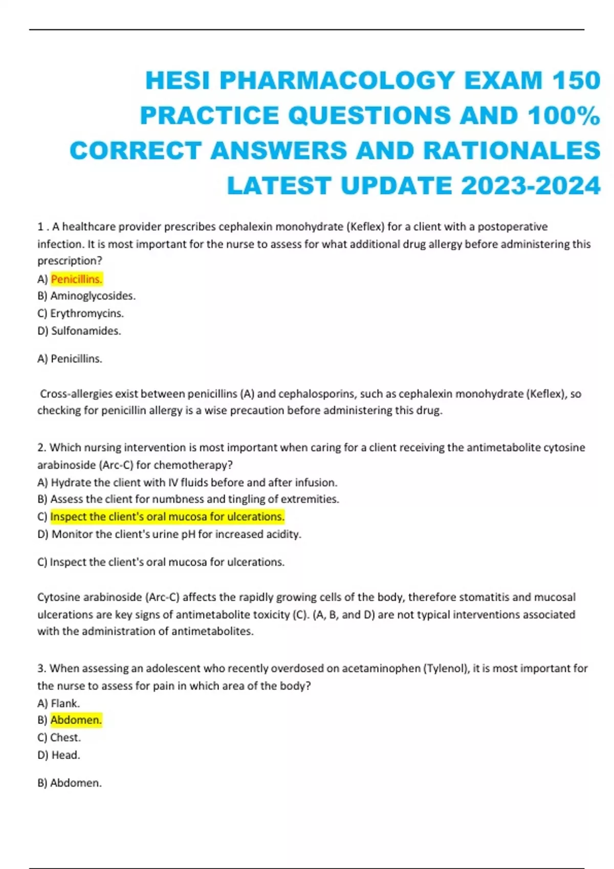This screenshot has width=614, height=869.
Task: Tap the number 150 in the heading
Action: [x=576, y=81]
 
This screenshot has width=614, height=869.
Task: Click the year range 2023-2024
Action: [x=531, y=186]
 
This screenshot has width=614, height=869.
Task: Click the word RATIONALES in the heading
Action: [x=511, y=151]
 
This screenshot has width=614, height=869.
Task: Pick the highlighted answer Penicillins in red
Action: [x=77, y=279]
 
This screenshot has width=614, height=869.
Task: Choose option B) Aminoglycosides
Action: [x=86, y=296]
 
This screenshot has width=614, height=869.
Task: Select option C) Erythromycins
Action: [x=81, y=313]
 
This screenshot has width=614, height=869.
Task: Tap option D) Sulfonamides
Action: [x=79, y=331]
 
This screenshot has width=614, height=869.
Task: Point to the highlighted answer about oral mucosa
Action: [x=167, y=517]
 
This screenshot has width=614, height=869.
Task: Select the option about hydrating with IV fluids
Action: [x=187, y=483]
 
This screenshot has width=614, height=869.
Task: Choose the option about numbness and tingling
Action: [x=188, y=499]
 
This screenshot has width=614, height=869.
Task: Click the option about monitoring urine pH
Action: [x=169, y=534]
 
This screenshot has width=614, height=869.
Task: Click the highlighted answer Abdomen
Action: [x=76, y=720]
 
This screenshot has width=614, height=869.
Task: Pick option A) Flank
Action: [x=59, y=703]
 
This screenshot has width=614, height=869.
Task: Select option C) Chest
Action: [x=59, y=738]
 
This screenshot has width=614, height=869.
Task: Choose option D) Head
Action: [x=59, y=755]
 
